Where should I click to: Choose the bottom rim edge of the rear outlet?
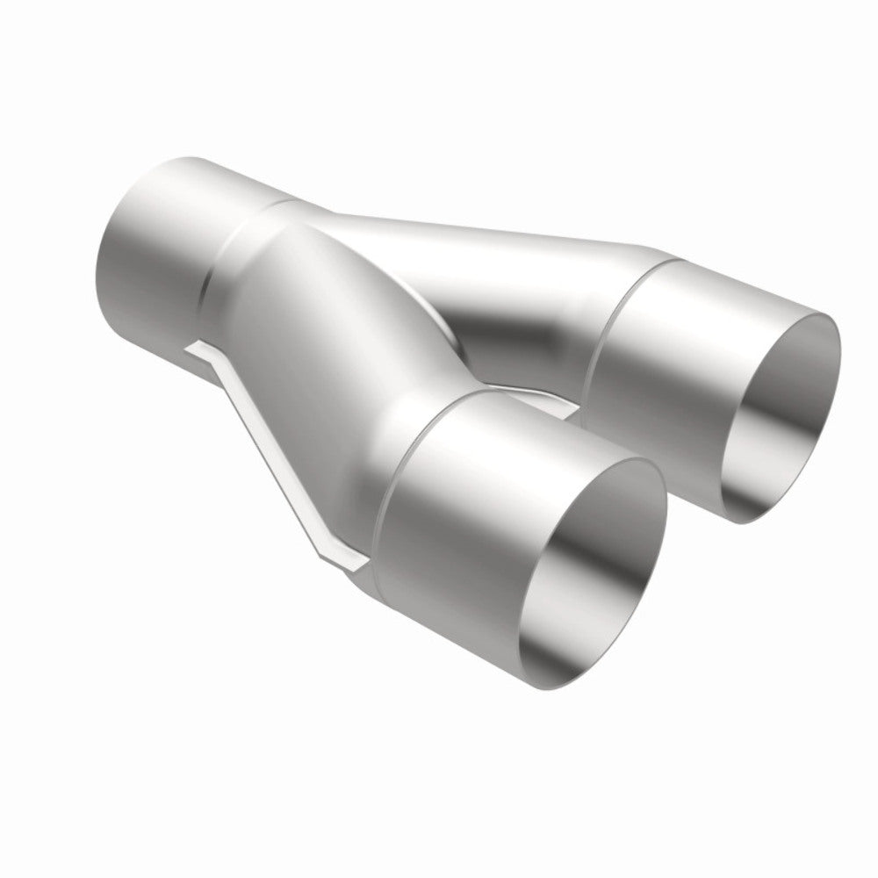755,518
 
